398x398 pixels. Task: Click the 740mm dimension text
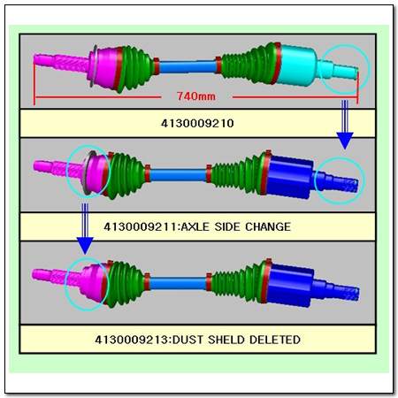click(x=196, y=96)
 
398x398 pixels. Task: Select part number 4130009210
click(x=197, y=123)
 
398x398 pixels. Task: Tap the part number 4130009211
click(x=142, y=226)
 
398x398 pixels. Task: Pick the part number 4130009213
click(x=133, y=340)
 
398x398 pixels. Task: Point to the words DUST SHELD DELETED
click(x=236, y=340)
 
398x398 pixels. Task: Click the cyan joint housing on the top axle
click(x=297, y=65)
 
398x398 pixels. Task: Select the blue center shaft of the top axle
click(x=188, y=66)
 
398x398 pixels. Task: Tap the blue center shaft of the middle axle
click(x=178, y=175)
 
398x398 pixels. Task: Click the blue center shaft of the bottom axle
click(x=178, y=283)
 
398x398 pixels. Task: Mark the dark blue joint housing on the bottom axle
click(x=290, y=286)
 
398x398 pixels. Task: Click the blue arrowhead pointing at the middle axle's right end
click(x=345, y=141)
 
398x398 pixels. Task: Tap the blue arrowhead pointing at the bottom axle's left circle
click(x=85, y=246)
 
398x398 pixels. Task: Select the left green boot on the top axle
click(x=136, y=68)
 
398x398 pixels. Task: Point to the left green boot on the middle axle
click(x=126, y=176)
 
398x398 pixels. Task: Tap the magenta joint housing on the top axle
click(x=104, y=68)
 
